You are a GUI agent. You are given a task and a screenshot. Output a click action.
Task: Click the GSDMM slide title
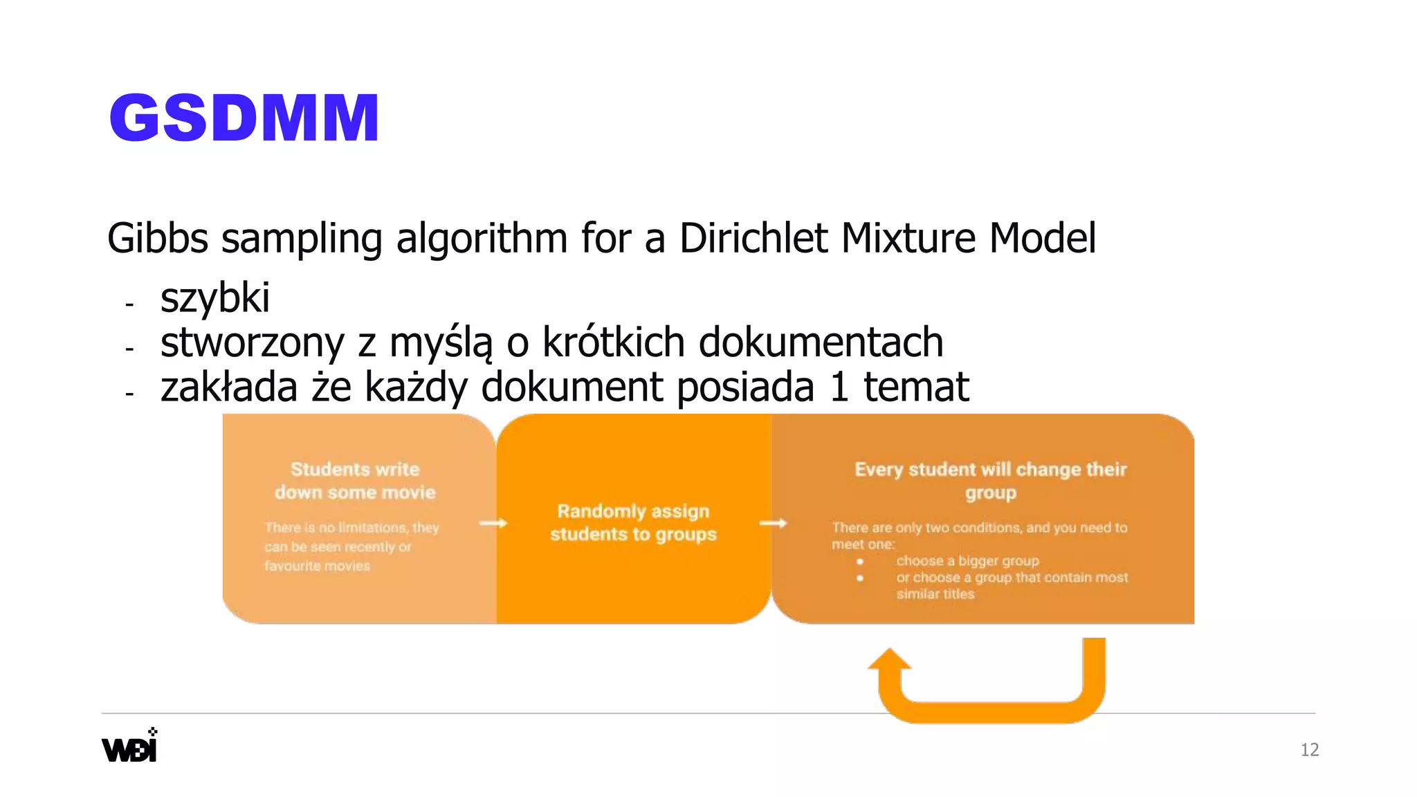pyautogui.click(x=244, y=118)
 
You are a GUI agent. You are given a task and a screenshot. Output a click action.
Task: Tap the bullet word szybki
pyautogui.click(x=214, y=299)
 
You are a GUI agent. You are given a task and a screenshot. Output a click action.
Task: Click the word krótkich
pyautogui.click(x=613, y=342)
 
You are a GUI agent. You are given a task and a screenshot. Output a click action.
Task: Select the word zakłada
pyautogui.click(x=229, y=387)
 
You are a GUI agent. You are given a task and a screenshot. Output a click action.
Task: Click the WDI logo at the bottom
pyautogui.click(x=130, y=746)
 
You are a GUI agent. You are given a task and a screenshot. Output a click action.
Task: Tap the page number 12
pyautogui.click(x=1309, y=750)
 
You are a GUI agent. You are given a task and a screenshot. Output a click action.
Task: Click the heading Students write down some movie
pyautogui.click(x=355, y=481)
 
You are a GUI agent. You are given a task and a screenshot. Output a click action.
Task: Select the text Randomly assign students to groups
pyautogui.click(x=633, y=522)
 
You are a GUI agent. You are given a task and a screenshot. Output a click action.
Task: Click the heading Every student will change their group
pyautogui.click(x=990, y=481)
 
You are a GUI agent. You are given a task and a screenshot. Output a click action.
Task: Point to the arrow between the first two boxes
pyautogui.click(x=493, y=523)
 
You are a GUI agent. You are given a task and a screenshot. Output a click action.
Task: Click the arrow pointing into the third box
pyautogui.click(x=773, y=523)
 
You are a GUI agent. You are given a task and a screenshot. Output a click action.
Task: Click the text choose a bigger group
pyautogui.click(x=967, y=561)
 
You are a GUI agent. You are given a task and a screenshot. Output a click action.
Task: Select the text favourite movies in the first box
pyautogui.click(x=317, y=566)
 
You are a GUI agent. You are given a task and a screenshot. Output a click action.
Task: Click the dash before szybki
pyautogui.click(x=129, y=304)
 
